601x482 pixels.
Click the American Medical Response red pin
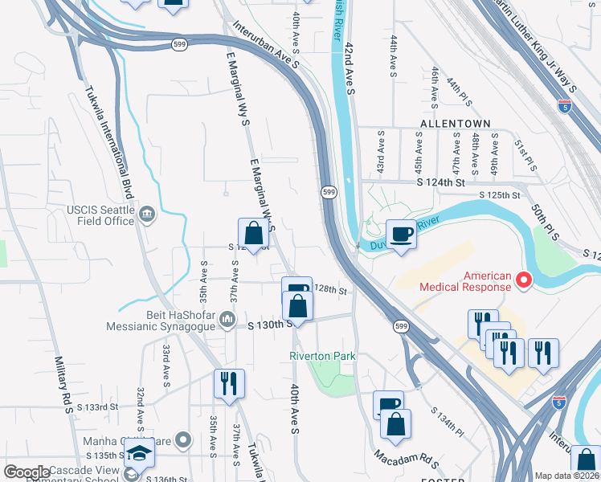coord(524,280)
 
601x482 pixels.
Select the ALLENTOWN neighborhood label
coord(455,123)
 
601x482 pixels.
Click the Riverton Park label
coord(321,356)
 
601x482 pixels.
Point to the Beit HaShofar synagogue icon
coord(227,321)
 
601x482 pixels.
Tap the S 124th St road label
coord(440,183)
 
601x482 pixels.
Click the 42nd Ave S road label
coord(350,69)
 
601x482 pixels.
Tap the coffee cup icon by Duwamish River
coord(402,234)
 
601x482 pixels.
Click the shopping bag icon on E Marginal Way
coord(253,234)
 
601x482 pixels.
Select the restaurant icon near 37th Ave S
coord(229,384)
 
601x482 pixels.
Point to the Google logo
coord(27,472)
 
